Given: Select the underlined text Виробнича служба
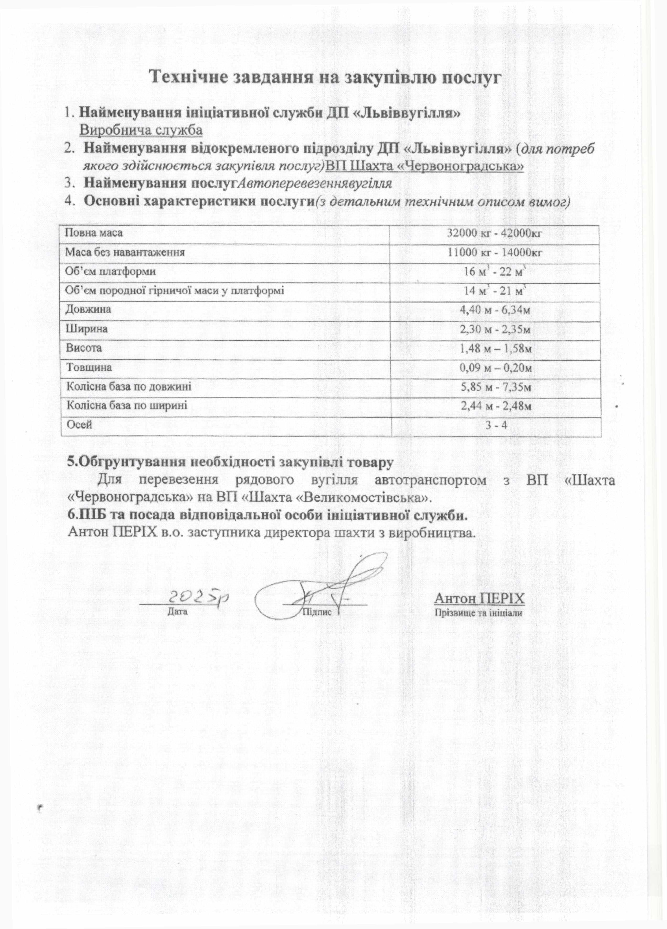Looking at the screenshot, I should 141,130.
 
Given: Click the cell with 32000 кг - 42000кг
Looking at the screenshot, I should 495,233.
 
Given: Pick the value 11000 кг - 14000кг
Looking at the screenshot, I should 495,252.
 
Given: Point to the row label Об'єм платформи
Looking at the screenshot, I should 111,271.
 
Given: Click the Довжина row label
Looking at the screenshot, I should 88,310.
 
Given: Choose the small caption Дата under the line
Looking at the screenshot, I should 177,612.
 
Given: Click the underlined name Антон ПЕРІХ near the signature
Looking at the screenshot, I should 479,598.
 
